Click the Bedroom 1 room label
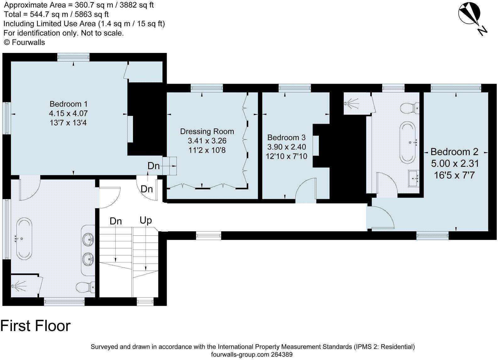tap(68, 113)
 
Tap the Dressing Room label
tap(207, 140)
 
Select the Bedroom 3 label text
tap(286, 147)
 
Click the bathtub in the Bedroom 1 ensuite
tap(24, 239)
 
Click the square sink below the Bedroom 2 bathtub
tap(414, 178)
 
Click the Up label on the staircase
tap(146, 220)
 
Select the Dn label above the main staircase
tap(115, 221)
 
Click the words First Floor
tap(35, 325)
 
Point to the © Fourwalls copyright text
tap(24, 42)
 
